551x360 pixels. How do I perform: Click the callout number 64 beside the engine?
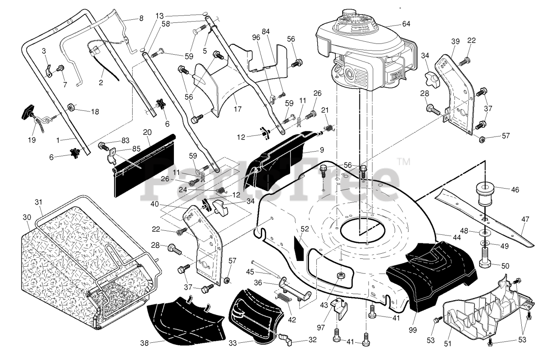pyautogui.click(x=406, y=24)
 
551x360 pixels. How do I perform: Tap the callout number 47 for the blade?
pyautogui.click(x=525, y=219)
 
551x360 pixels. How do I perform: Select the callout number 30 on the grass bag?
pyautogui.click(x=27, y=217)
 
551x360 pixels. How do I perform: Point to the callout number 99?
pyautogui.click(x=412, y=330)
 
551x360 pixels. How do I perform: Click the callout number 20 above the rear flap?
pyautogui.click(x=147, y=132)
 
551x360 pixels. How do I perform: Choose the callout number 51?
pyautogui.click(x=447, y=344)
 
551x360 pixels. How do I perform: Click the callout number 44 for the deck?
pyautogui.click(x=457, y=237)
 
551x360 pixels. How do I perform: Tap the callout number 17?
pyautogui.click(x=238, y=109)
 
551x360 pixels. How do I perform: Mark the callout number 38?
pyautogui.click(x=144, y=343)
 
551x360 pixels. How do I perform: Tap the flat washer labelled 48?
pyautogui.click(x=484, y=232)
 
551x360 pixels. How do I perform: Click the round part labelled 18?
pyautogui.click(x=71, y=107)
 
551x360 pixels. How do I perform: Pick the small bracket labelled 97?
pyautogui.click(x=340, y=309)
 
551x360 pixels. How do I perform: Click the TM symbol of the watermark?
pyautogui.click(x=404, y=161)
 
